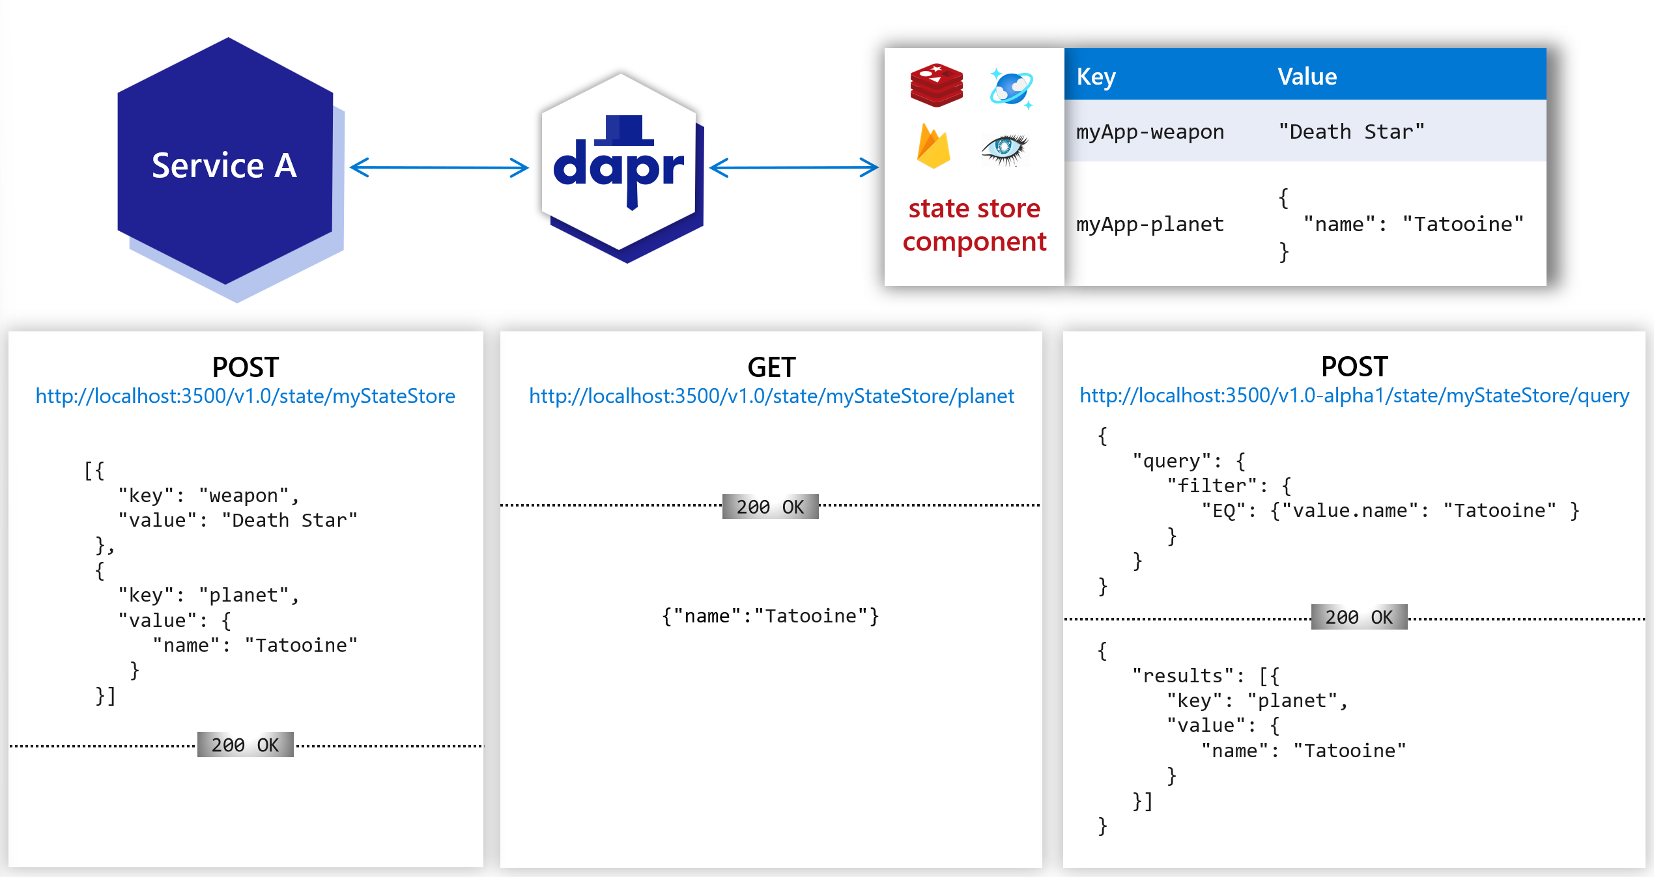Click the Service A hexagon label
point(224,165)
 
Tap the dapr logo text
point(618,167)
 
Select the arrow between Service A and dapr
point(439,167)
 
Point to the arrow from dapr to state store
point(793,167)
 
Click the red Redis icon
point(936,85)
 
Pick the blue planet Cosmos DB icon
point(1011,88)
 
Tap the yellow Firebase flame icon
point(934,146)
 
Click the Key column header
point(1096,76)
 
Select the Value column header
point(1307,76)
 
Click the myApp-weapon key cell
point(1150,132)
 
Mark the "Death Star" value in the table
point(1351,132)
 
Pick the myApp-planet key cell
point(1150,224)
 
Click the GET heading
point(771,367)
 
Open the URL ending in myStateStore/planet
point(771,396)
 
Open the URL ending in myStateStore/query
point(1354,395)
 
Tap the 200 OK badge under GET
point(770,507)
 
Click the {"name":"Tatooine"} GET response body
point(770,616)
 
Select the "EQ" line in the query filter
point(1390,510)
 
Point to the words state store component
point(974,225)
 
